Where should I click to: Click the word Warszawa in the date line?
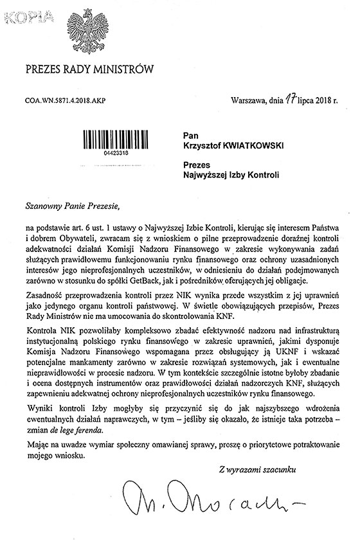(x=247, y=101)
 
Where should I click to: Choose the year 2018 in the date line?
(x=328, y=101)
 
